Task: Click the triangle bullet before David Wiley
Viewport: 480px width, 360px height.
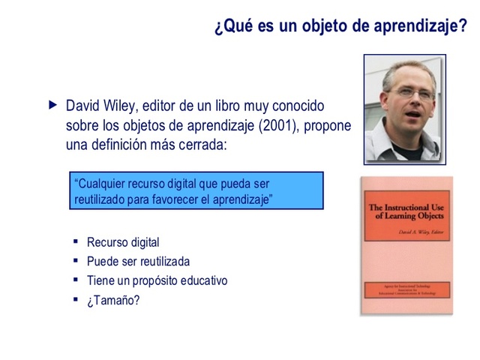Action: (x=52, y=105)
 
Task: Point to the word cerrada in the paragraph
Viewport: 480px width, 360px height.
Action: (x=199, y=145)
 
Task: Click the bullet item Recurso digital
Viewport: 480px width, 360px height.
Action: (x=123, y=242)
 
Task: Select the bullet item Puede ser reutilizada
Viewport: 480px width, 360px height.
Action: (x=138, y=262)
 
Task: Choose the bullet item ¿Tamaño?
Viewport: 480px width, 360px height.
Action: (x=113, y=300)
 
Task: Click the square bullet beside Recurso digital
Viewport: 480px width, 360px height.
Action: (x=76, y=241)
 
